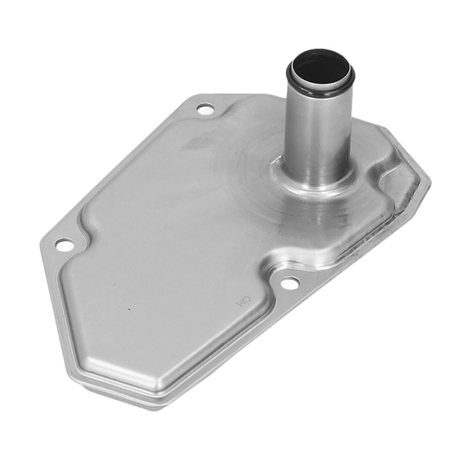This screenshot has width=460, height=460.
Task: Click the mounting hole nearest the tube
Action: point(205,109)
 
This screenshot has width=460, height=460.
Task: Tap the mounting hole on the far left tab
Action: point(65,245)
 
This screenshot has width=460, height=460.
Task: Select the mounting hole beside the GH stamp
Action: point(290,283)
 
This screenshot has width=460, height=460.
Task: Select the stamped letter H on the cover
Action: point(240,305)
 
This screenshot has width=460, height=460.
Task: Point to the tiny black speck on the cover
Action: point(128,309)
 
